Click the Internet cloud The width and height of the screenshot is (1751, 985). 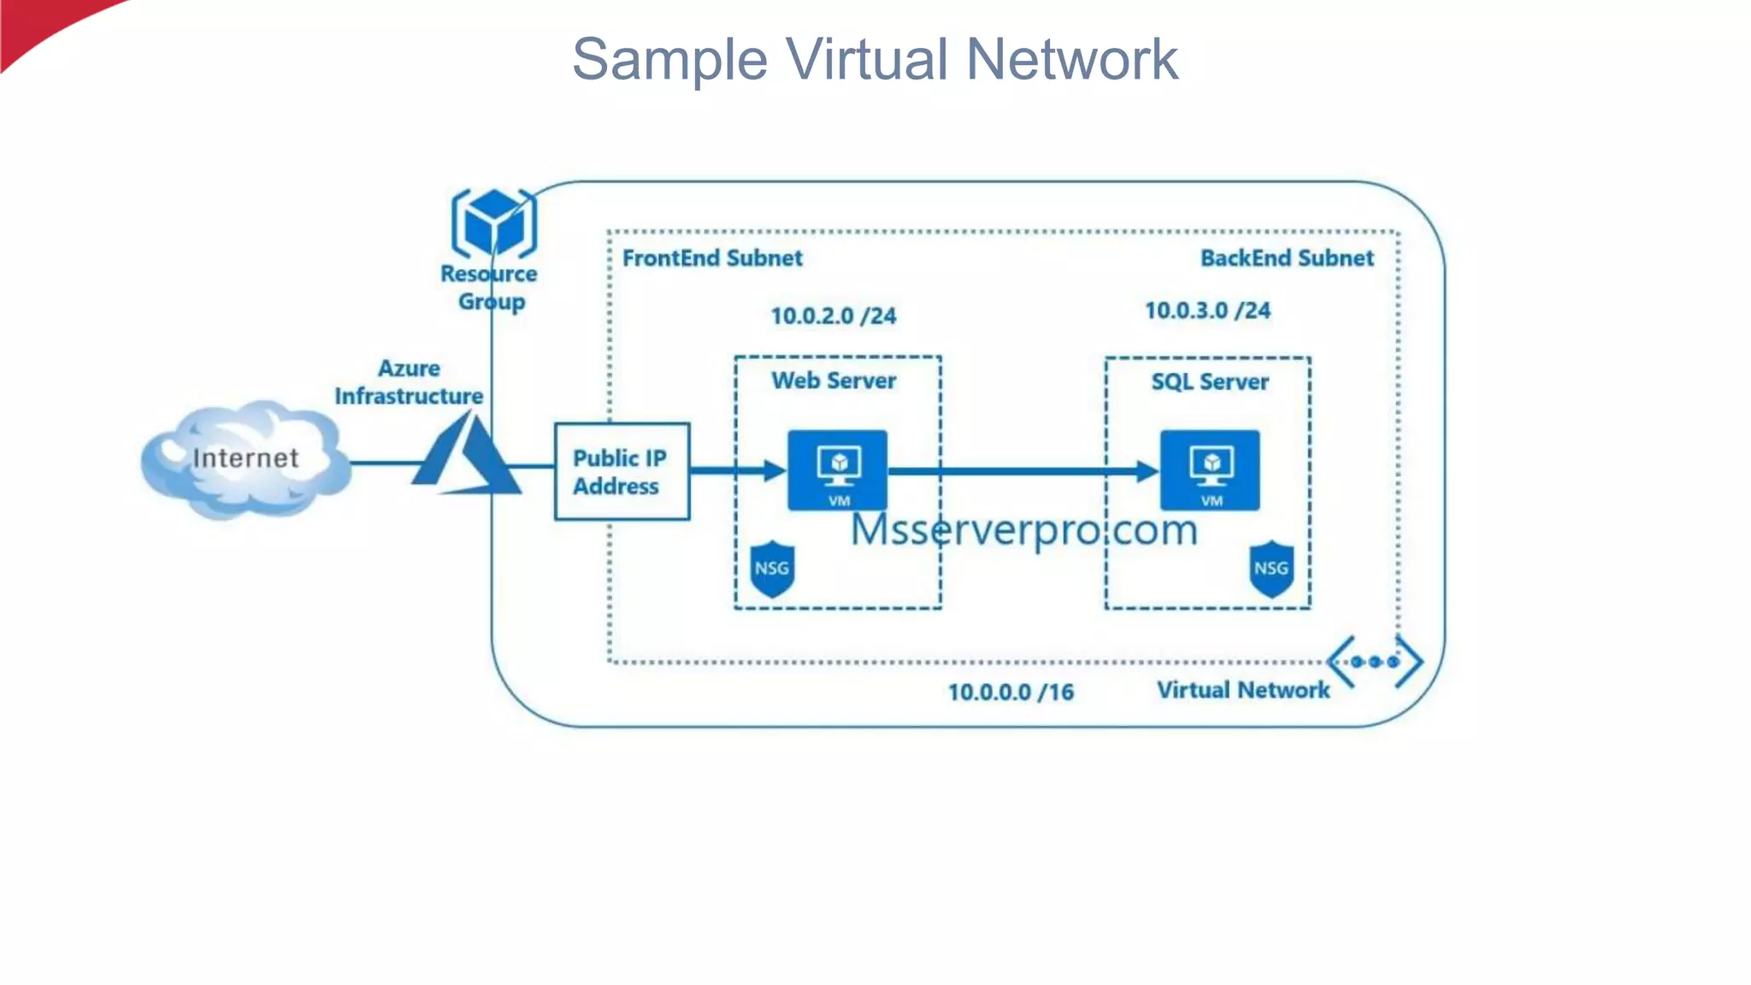[245, 459]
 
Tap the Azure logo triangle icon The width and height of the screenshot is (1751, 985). [467, 457]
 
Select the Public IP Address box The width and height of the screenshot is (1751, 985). [622, 471]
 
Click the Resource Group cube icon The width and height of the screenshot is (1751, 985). [493, 223]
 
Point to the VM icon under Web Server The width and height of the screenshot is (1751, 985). [837, 469]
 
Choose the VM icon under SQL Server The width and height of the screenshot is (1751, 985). [1209, 469]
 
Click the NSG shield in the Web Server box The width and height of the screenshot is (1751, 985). [772, 569]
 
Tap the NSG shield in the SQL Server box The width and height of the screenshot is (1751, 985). [1271, 569]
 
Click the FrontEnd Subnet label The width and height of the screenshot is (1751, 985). [712, 258]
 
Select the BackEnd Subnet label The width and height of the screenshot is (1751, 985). [1287, 258]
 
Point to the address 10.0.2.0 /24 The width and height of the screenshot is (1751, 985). [834, 316]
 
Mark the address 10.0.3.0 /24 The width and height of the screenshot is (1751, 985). [1207, 311]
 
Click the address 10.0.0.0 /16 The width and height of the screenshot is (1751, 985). [1011, 693]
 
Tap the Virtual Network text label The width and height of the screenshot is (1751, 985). [1243, 691]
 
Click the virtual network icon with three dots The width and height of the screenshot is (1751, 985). [1375, 662]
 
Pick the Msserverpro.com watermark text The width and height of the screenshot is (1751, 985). [1024, 530]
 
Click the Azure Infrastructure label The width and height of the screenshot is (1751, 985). [409, 383]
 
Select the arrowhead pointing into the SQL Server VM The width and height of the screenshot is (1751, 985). [1147, 470]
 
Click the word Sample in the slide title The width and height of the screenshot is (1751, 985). [669, 60]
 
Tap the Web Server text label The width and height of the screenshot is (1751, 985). [834, 381]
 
